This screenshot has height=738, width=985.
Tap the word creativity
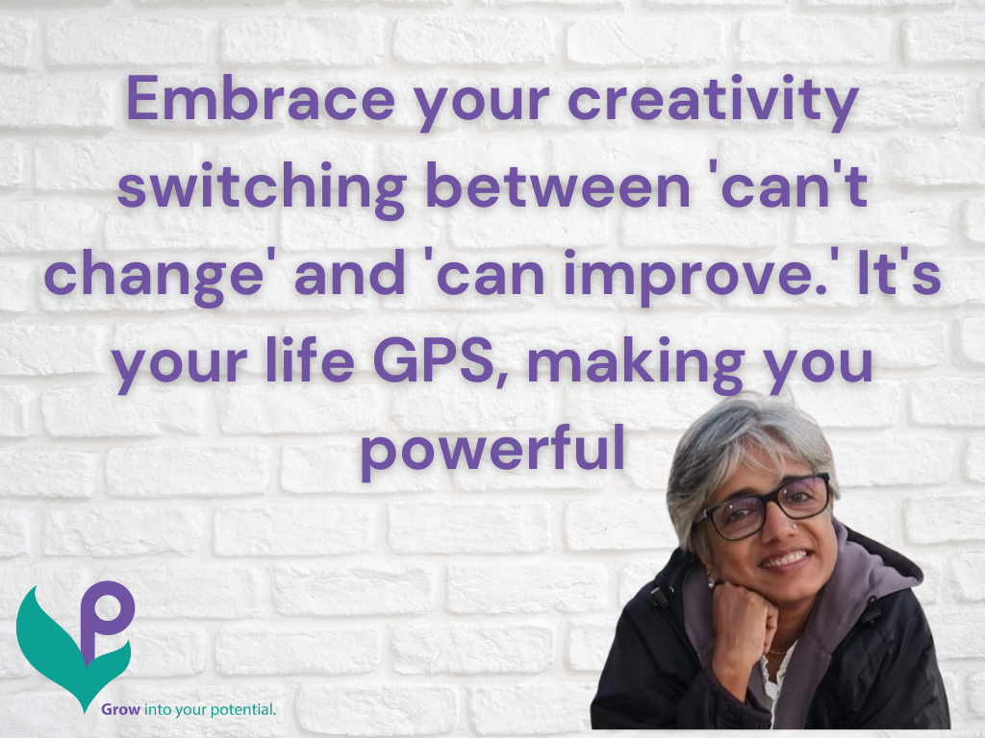click(713, 102)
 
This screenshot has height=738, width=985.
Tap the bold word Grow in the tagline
click(121, 710)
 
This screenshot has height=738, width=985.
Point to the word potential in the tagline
click(242, 710)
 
